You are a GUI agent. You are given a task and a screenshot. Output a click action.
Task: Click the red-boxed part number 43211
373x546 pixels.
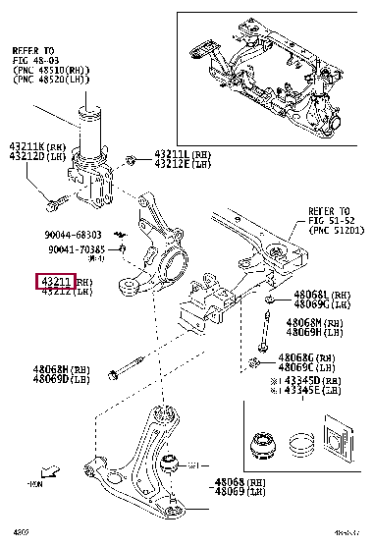point(57,282)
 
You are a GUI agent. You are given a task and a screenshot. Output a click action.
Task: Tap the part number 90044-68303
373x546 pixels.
point(74,235)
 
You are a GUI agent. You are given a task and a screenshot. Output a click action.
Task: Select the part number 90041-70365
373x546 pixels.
point(76,250)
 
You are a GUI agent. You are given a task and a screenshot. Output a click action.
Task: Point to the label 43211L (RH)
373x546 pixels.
point(183,154)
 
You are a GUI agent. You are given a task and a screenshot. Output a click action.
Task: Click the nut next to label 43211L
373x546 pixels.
point(131,158)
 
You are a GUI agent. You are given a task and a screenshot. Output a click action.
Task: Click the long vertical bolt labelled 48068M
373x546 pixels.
point(263,329)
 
